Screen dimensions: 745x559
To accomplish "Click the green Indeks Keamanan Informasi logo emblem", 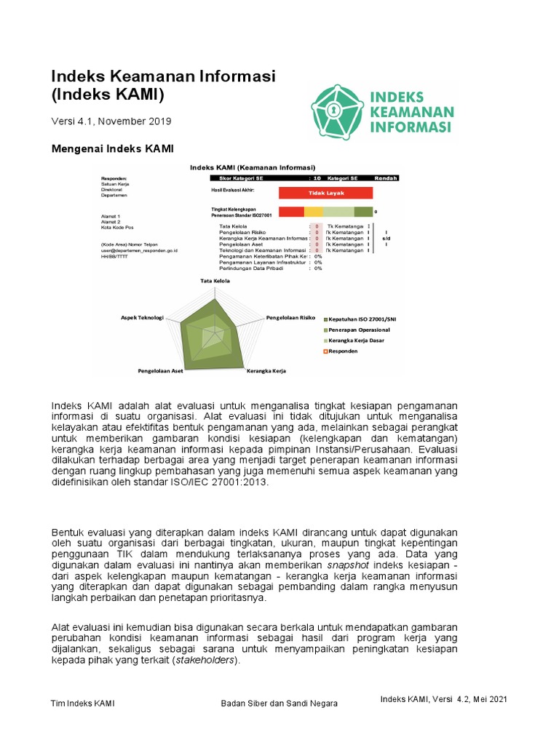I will coord(338,111).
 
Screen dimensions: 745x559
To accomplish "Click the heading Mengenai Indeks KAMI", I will coord(112,149).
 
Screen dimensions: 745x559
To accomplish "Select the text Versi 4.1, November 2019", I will coord(111,121).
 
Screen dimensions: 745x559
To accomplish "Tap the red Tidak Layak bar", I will coord(325,193).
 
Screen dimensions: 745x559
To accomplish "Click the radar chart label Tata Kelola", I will coord(215,280).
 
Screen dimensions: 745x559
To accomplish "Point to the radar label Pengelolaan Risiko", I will coord(290,318).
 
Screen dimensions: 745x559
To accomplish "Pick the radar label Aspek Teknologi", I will coord(142,318).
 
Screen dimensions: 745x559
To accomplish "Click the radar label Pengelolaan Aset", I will coord(160,370).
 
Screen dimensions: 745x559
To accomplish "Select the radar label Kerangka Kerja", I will coord(266,370).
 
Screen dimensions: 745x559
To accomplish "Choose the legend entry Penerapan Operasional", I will coord(362,330).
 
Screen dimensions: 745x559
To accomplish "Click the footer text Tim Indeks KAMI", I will coord(82,704).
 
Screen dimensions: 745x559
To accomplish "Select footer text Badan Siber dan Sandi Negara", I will coord(279,704).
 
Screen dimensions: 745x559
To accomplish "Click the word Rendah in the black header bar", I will coord(386,178).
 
